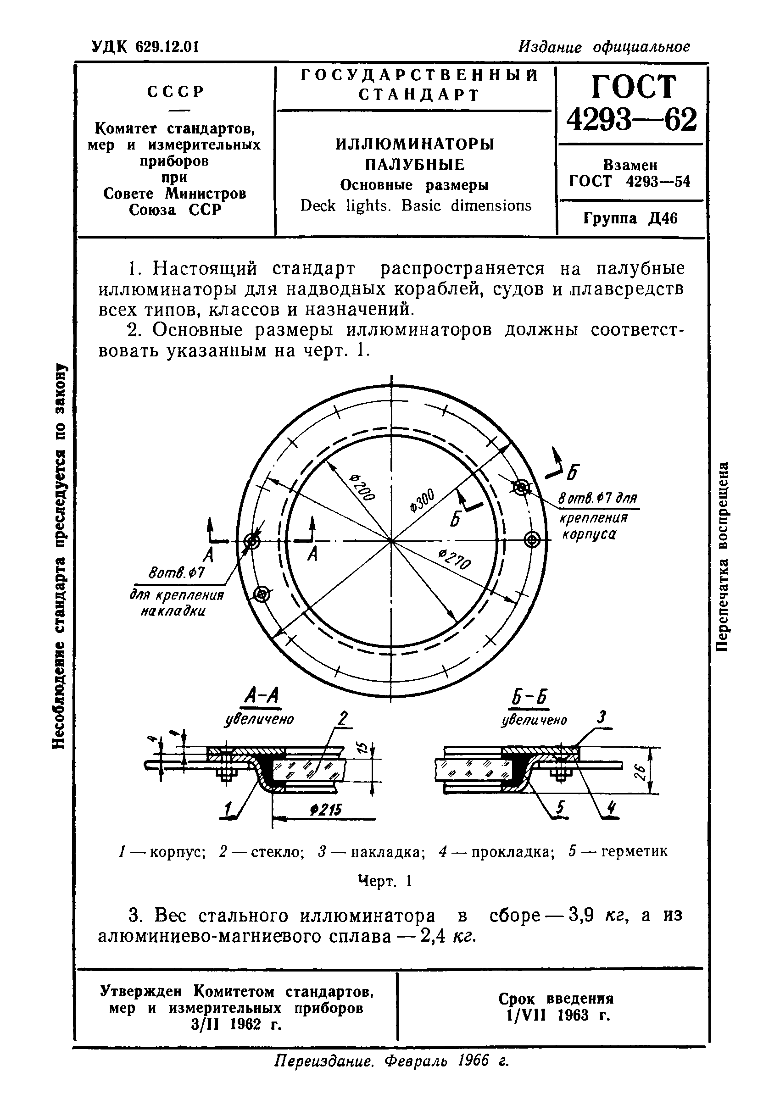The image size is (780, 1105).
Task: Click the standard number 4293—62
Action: point(631,119)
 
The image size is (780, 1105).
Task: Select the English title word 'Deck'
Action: point(318,206)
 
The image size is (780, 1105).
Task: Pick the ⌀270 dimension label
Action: point(455,560)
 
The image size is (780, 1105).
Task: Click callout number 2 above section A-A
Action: point(342,718)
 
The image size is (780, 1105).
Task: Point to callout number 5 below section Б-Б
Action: point(559,810)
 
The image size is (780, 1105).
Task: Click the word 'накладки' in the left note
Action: point(173,612)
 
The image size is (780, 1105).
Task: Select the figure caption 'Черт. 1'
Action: point(384,881)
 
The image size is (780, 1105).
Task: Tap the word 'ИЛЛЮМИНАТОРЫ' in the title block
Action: point(415,144)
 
